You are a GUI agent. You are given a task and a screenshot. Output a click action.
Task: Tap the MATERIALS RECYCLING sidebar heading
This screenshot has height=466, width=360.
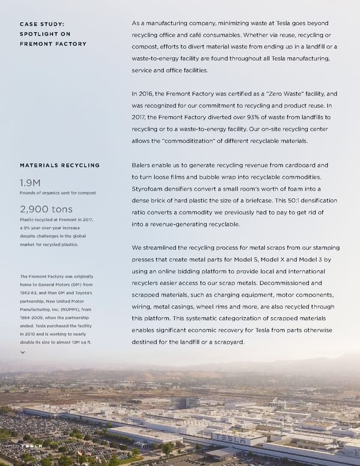tap(59, 165)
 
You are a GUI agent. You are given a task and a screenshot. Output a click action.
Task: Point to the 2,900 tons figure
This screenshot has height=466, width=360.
tap(46, 209)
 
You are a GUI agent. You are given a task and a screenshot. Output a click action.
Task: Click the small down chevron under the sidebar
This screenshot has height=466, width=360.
tap(23, 353)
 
